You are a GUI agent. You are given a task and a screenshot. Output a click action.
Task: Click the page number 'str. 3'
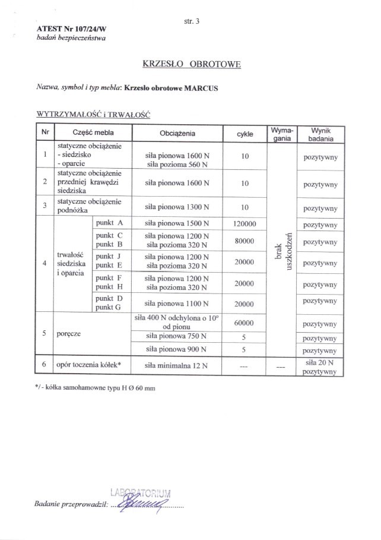pos(193,21)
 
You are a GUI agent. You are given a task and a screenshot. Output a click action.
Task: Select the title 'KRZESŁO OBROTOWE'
pos(191,64)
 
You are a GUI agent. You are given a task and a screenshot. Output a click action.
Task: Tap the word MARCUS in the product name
pos(201,88)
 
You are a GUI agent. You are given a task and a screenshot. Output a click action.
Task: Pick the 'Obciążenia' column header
pos(177,134)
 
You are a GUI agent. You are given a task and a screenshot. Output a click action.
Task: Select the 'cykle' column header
pos(245,134)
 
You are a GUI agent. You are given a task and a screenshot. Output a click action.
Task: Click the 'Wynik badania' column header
pos(319,134)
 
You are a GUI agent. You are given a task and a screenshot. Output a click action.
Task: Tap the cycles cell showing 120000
pos(245,223)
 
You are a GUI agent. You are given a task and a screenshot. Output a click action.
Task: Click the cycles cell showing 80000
pos(245,241)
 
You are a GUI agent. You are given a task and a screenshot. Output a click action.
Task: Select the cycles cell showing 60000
pos(245,324)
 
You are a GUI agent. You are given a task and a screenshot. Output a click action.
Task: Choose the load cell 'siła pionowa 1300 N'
pos(177,207)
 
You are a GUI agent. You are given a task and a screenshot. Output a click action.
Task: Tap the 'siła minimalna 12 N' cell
pos(177,365)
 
